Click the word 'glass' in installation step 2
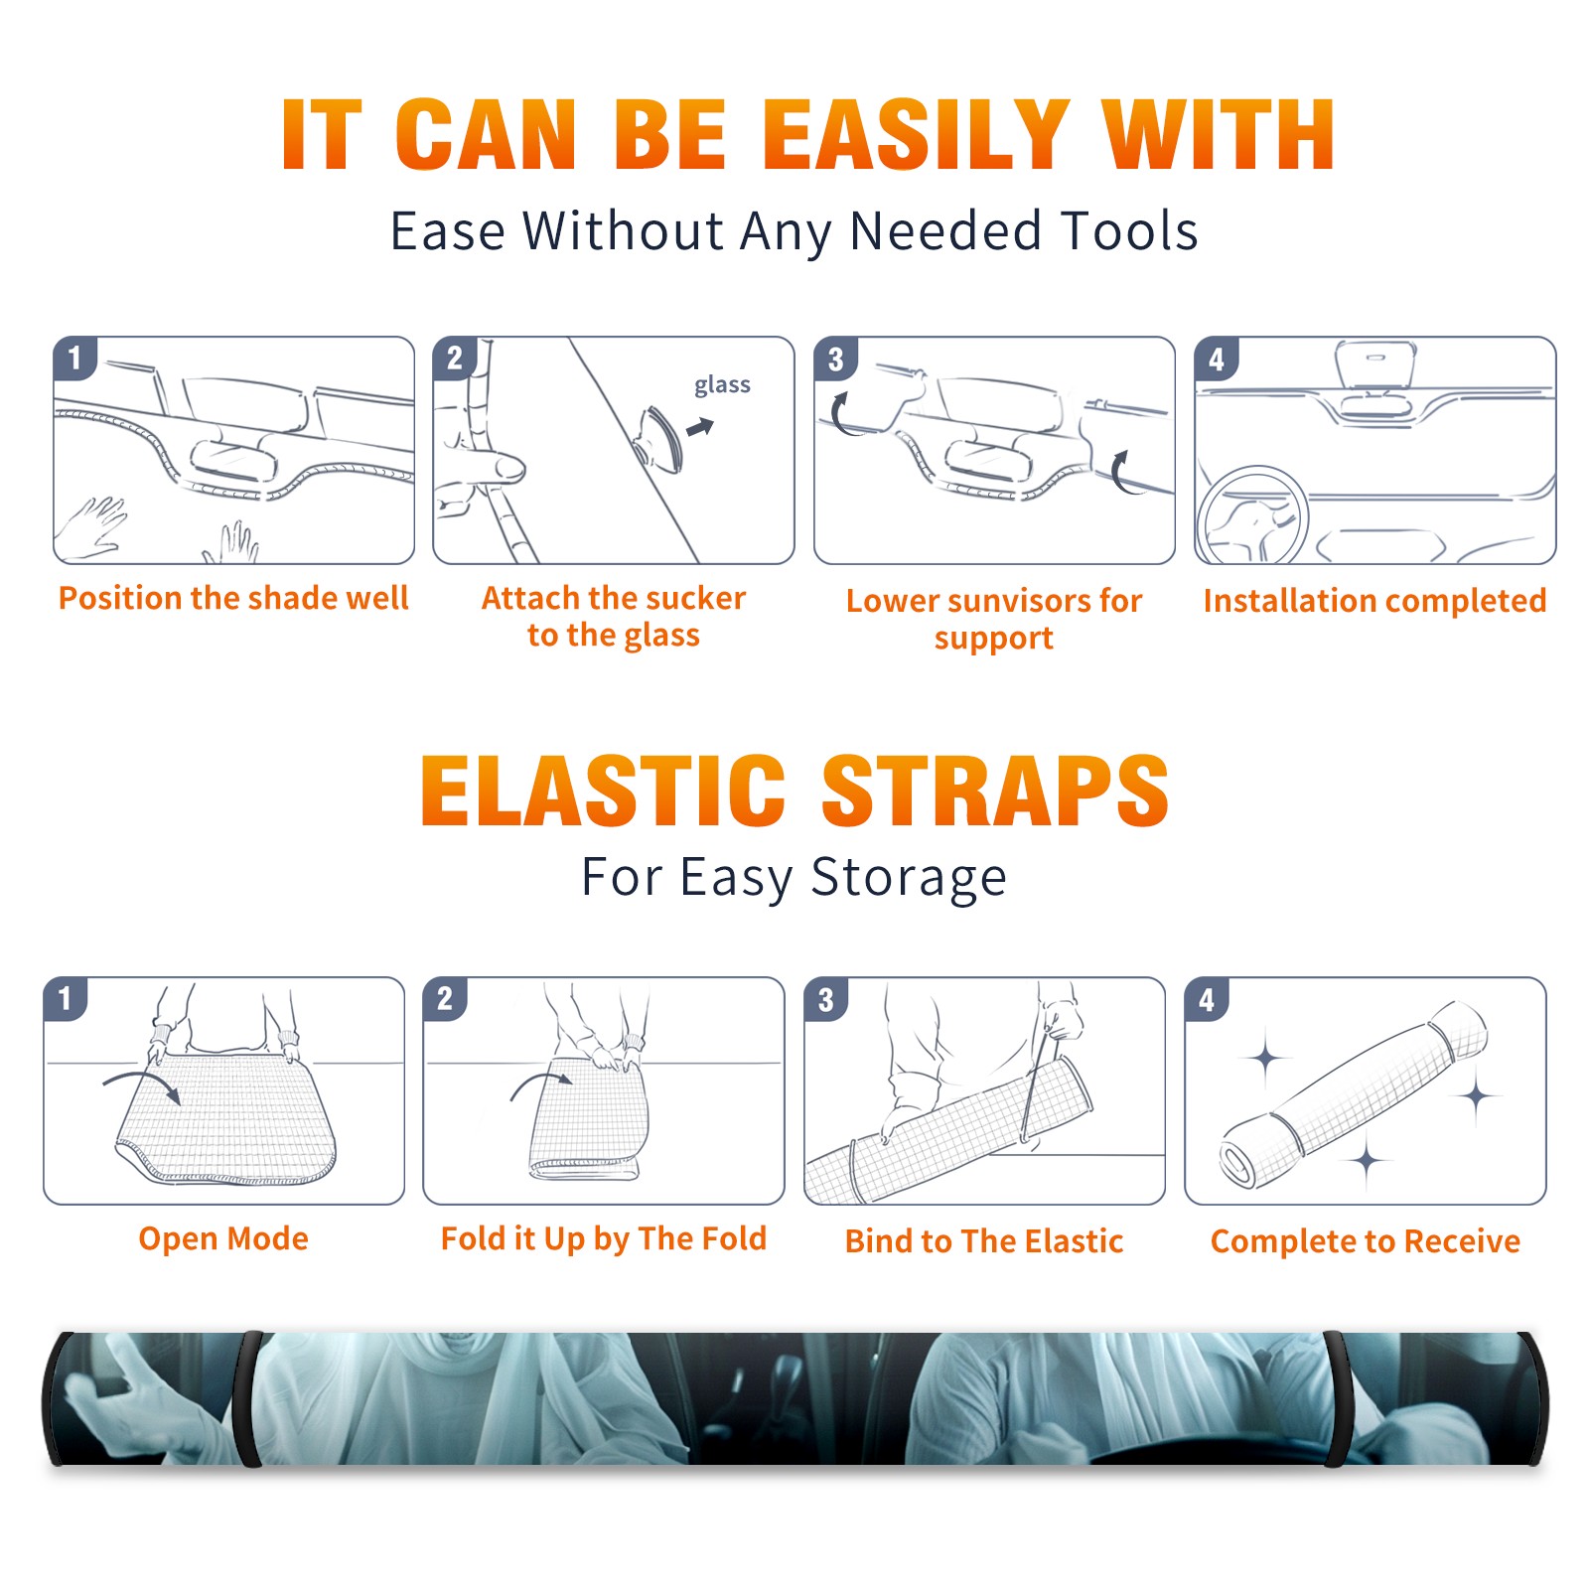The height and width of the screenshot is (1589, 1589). [x=722, y=385]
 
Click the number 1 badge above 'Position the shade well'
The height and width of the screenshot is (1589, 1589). [x=74, y=357]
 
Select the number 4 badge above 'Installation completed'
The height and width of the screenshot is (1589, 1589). [x=1216, y=359]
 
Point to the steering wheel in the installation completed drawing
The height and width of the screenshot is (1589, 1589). [x=1252, y=517]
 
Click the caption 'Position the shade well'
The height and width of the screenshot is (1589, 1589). [x=233, y=598]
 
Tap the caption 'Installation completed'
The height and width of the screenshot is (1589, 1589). [x=1374, y=601]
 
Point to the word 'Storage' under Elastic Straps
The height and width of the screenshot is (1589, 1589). [x=909, y=878]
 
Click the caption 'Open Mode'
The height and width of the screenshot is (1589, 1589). [x=223, y=1238]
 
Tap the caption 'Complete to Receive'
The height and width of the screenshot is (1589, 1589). [x=1366, y=1241]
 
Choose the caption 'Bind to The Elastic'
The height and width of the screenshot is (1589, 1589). [x=984, y=1241]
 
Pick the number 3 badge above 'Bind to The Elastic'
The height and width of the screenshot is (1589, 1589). [x=825, y=999]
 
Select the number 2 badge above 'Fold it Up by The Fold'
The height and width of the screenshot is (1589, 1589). [x=445, y=998]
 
